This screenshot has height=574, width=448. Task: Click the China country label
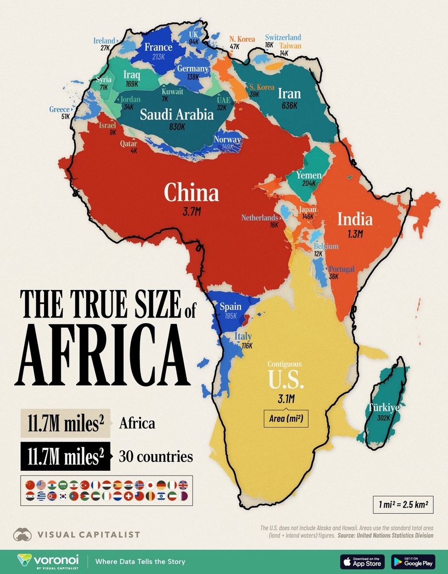191,193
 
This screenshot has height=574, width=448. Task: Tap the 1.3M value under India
355,234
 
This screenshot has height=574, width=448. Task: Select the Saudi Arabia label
177,115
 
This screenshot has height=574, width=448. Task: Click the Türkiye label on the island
383,408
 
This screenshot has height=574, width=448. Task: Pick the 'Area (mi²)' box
286,419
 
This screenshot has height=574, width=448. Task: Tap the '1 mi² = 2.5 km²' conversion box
403,504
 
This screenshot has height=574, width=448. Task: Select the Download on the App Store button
362,561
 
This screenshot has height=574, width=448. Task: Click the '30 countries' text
156,457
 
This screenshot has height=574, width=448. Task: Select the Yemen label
306,176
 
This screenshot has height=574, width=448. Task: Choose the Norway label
227,140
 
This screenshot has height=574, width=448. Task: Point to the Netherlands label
259,218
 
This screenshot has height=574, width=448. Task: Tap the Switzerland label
283,37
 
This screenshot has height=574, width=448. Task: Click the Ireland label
104,41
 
